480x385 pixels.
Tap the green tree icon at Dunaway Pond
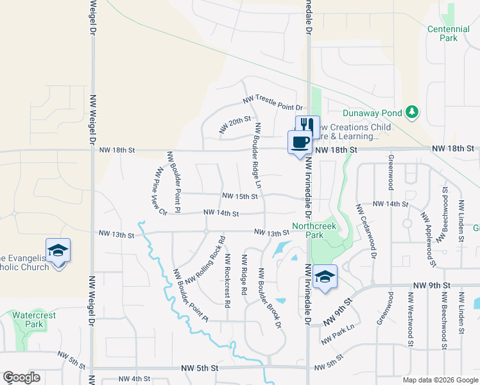(412, 113)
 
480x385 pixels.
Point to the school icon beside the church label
(58, 250)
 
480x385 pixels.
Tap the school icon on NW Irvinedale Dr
(326, 277)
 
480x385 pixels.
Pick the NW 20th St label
(234, 124)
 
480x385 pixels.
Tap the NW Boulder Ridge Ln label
(258, 155)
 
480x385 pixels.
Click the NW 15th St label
(239, 196)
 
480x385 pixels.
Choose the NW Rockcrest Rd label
(227, 281)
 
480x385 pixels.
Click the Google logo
(22, 377)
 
